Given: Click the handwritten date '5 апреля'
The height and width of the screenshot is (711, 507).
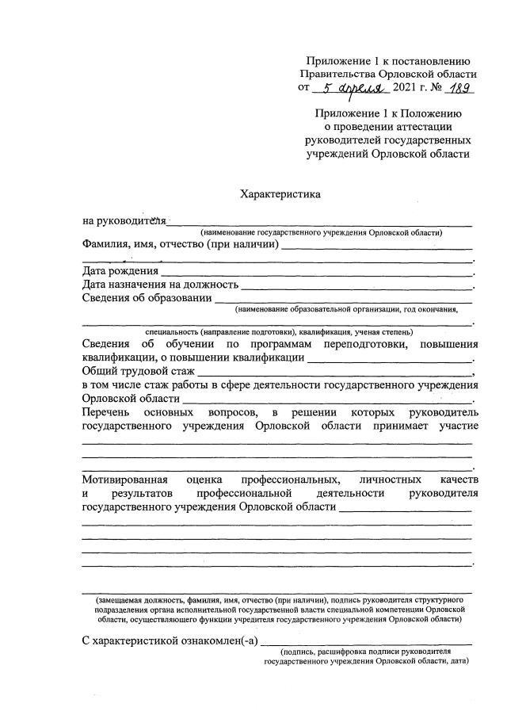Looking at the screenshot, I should [346, 89].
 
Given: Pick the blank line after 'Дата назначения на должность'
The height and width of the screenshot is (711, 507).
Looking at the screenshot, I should [356, 285].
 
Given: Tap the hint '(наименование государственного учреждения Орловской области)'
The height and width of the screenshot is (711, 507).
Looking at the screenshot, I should [321, 232].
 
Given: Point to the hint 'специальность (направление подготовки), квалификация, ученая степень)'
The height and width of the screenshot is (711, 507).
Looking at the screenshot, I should [277, 331].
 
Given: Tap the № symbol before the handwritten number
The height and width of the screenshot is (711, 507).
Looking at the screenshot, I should [434, 89].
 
